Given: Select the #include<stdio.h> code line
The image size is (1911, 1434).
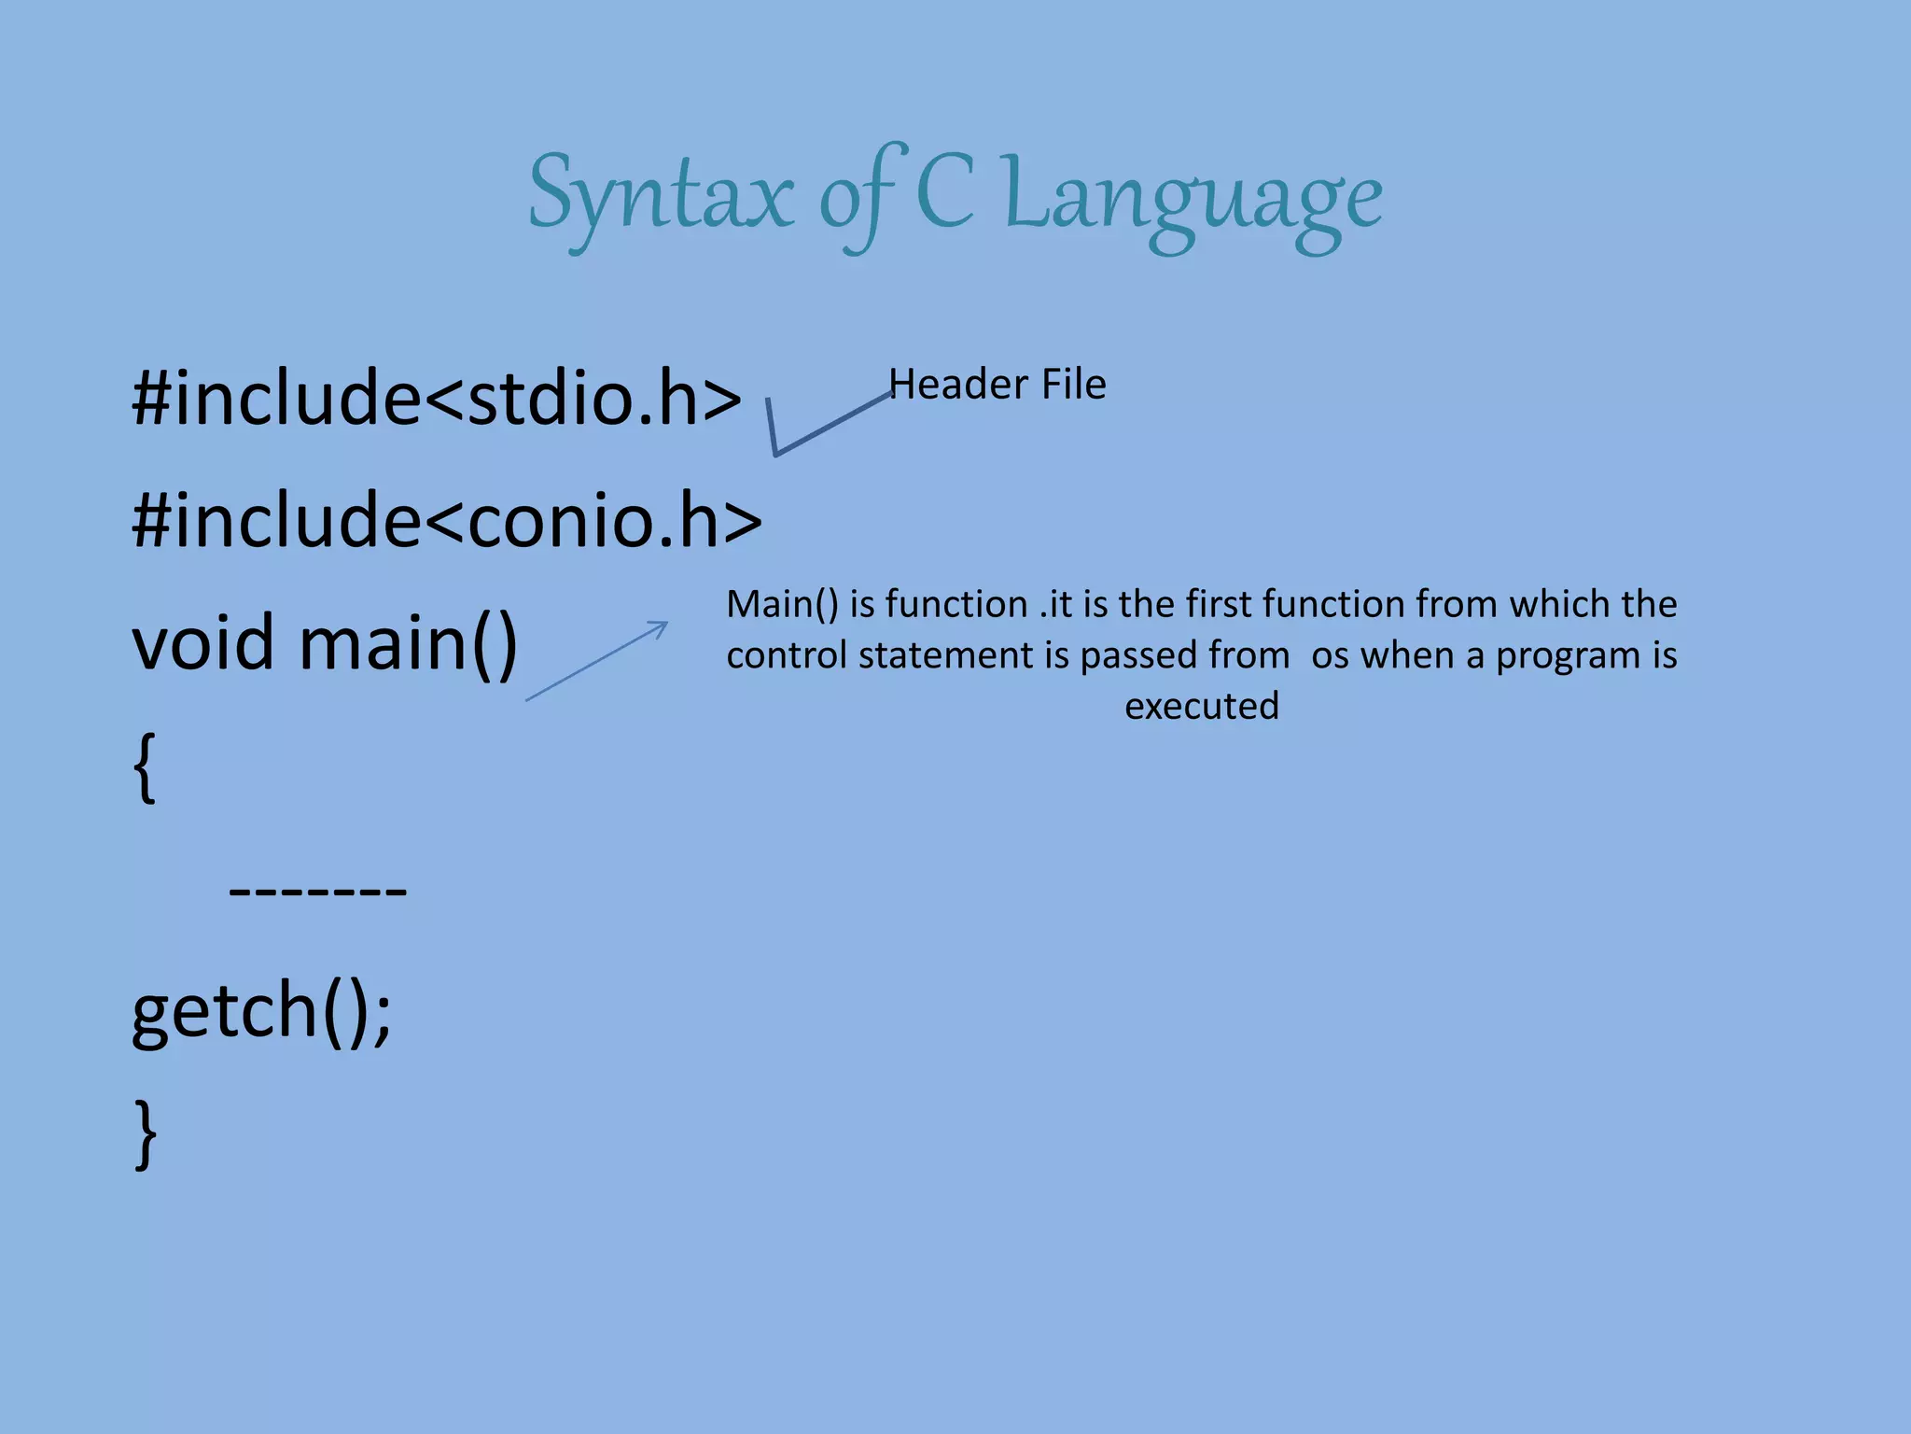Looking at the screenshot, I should (x=437, y=398).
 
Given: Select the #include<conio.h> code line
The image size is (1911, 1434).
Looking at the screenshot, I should (x=447, y=520).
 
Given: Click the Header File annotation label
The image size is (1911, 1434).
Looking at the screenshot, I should (x=997, y=385).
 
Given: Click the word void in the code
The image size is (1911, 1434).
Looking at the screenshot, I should (x=202, y=642).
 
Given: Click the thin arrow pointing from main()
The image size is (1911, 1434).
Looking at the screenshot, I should (x=597, y=660).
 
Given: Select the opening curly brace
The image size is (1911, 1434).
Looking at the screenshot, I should (x=144, y=766).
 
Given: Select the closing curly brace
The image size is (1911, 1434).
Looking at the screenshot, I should (x=146, y=1133).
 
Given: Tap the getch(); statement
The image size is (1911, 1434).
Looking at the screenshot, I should (x=262, y=1010).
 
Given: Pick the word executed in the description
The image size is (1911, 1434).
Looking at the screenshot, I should (x=1201, y=707).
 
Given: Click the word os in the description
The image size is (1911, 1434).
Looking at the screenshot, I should (x=1330, y=656).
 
